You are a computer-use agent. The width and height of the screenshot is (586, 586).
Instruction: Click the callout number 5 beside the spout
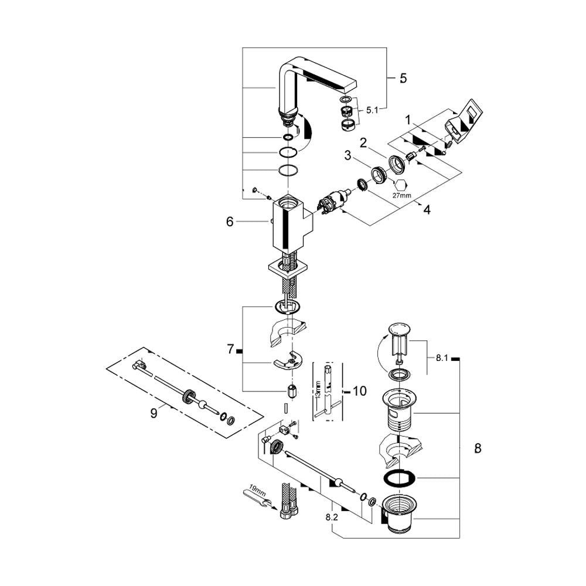pos(403,78)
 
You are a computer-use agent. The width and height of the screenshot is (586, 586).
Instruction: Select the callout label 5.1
pos(372,110)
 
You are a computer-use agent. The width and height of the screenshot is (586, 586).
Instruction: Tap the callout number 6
pos(230,222)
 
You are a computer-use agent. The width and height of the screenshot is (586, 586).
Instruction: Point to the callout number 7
pos(230,349)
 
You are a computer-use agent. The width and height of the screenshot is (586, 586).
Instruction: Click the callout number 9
pos(154,413)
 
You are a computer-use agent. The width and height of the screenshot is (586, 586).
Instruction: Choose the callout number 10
pos(360,391)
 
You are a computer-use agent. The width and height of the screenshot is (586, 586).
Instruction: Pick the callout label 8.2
pos(332,517)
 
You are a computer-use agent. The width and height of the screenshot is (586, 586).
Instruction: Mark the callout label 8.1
pos(442,358)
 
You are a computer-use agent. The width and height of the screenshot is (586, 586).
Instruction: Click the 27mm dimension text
pos(401,195)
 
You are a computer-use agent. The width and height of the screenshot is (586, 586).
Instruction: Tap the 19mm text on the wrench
pos(257,491)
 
